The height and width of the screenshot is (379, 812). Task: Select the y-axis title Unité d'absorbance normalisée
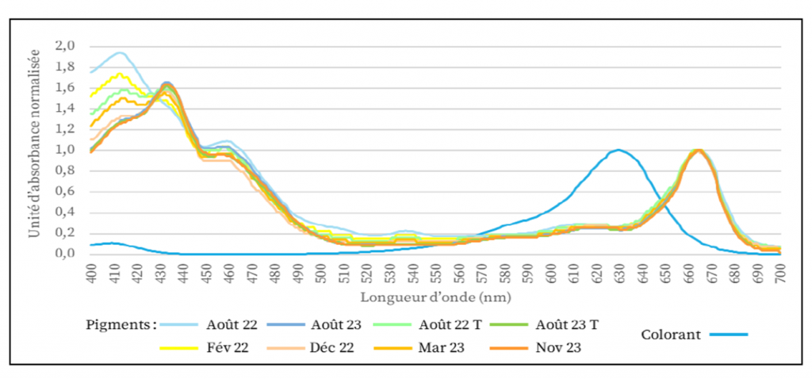[x=33, y=150]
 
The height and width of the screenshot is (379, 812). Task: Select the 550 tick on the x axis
[x=436, y=274]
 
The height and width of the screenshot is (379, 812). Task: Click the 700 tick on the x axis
[x=780, y=274]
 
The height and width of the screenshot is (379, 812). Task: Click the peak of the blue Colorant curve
[x=619, y=150]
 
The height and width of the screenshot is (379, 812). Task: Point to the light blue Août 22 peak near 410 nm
[x=119, y=53]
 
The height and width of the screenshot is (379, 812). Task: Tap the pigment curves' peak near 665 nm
[x=699, y=150]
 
